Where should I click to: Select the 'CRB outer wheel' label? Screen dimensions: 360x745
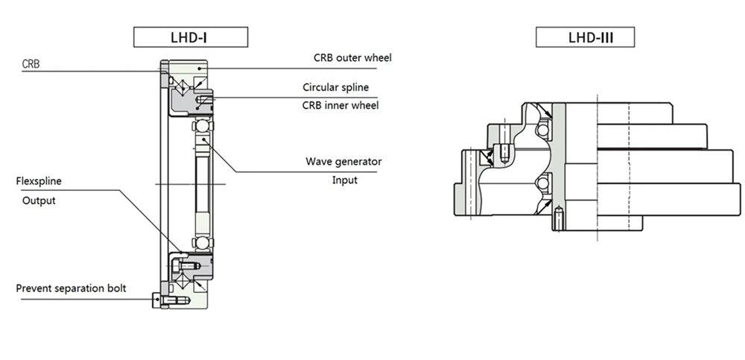pos(352,57)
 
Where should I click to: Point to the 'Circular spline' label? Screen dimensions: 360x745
pos(335,87)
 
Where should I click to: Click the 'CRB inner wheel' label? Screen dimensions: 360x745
pos(340,105)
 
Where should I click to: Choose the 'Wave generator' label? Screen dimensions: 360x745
pos(343,161)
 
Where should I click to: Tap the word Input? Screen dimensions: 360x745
pos(344,180)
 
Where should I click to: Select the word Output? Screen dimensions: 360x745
pos(39,200)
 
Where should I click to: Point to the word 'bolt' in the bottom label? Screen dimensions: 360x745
pos(115,288)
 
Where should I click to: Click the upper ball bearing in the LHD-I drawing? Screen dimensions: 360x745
pos(202,126)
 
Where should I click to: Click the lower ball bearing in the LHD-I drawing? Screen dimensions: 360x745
pos(202,241)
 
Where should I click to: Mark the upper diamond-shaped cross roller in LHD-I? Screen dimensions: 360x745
pos(180,83)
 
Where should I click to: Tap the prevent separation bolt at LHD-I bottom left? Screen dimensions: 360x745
pos(165,299)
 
